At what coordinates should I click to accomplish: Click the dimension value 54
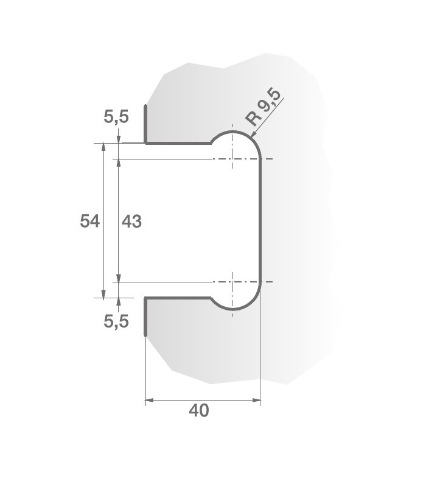click(89, 222)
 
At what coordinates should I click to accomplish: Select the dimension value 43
click(131, 222)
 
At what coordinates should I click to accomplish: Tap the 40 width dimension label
click(198, 411)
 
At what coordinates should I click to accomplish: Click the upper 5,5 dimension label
click(116, 117)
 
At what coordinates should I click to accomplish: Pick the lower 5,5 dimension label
click(116, 321)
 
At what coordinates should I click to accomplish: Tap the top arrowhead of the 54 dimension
click(104, 147)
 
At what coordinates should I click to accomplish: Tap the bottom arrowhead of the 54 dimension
click(104, 294)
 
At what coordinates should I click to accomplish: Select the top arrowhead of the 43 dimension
click(118, 163)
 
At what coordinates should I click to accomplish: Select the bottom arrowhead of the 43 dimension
click(118, 278)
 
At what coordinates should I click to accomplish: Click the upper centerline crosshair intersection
click(232, 159)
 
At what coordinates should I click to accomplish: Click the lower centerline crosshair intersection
click(232, 282)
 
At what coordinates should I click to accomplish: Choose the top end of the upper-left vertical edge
click(145, 106)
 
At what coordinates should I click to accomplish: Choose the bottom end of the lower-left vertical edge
click(145, 335)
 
